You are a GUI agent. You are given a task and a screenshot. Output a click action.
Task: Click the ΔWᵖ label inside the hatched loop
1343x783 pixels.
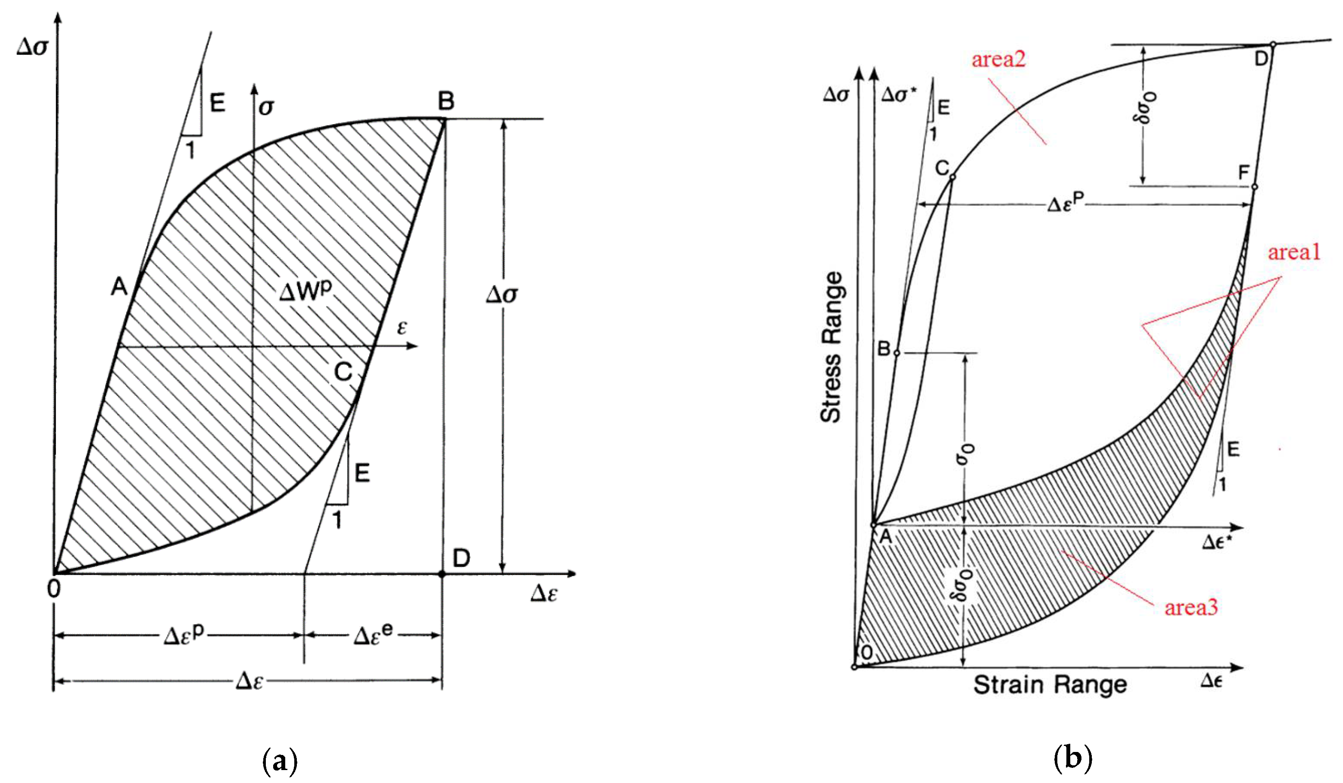pos(305,292)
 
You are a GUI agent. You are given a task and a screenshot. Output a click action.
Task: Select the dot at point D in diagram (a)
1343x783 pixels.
pos(441,574)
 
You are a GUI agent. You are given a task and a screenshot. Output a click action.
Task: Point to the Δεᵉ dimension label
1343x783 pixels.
pos(373,635)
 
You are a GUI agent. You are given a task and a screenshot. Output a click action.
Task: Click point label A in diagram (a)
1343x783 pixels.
pos(119,288)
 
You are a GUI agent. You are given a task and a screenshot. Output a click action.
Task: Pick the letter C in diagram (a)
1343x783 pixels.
pos(343,372)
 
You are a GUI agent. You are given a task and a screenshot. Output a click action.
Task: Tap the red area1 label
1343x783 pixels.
pos(1294,252)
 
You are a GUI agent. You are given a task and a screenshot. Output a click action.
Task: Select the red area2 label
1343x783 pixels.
pos(998,59)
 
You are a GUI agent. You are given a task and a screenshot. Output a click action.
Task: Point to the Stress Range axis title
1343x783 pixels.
pos(832,347)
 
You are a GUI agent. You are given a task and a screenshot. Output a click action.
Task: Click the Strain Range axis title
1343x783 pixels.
pos(1050,685)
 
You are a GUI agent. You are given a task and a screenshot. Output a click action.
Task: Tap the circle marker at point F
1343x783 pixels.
pos(1255,187)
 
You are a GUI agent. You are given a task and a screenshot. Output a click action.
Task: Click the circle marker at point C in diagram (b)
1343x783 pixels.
pos(952,177)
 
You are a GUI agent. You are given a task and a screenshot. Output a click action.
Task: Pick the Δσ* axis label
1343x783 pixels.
pos(899,95)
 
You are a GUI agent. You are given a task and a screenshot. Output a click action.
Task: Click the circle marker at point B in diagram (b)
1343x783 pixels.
pos(897,353)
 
